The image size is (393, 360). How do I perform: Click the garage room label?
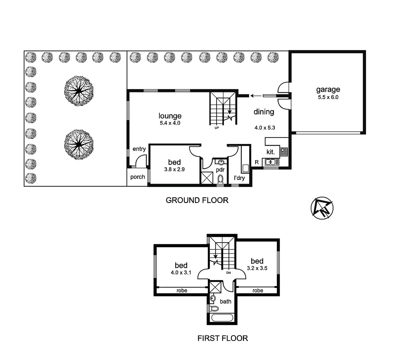coord(328,89)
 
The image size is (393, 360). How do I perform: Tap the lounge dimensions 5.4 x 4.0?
coord(170,123)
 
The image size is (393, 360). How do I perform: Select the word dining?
coord(264,112)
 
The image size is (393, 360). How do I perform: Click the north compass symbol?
coord(321,208)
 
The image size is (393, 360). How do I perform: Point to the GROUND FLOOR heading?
coord(197,200)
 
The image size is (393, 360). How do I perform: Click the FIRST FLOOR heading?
coord(222,338)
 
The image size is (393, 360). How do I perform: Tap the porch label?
coord(138,177)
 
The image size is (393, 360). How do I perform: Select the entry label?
coord(139,149)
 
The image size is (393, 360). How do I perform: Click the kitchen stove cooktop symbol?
coord(284,152)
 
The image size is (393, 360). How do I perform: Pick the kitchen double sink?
coord(272,162)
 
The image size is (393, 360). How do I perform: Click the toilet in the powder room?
coord(220,179)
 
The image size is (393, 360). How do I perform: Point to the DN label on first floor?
coord(228,273)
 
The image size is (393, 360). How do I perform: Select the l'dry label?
coord(239,178)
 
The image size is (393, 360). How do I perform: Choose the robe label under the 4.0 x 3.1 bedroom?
coord(182,290)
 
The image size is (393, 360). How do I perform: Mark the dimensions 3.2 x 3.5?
coord(257,268)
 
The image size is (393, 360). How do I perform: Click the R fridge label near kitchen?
coord(257,162)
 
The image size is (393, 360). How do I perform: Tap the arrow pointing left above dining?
coord(255,96)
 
